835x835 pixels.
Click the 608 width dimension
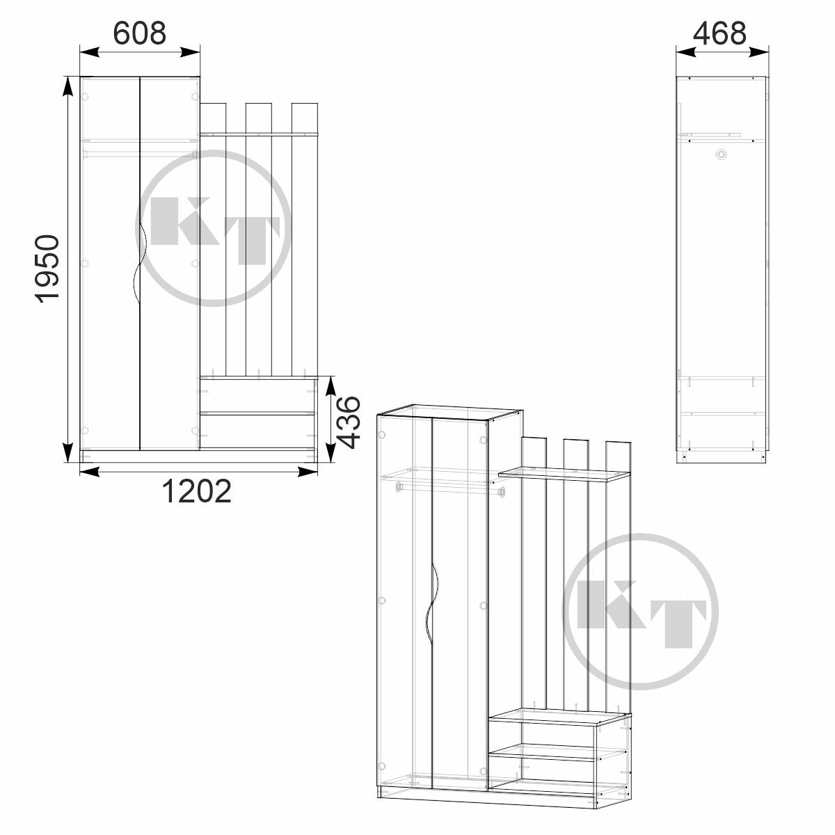(140, 33)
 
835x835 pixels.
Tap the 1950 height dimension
(47, 269)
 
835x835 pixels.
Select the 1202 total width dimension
(196, 491)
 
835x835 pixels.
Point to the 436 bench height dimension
(348, 422)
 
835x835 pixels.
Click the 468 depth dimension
(719, 33)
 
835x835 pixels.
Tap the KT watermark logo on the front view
(213, 228)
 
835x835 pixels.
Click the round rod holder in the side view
(721, 154)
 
